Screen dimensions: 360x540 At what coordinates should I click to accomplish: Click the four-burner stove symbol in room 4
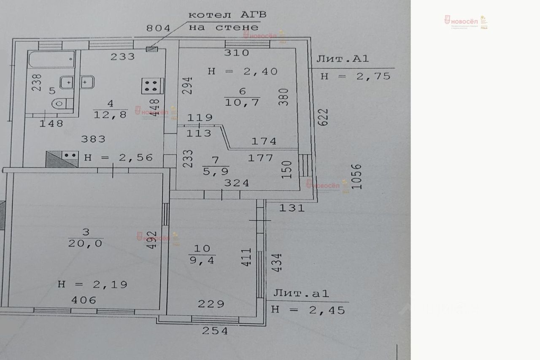tap(151, 87)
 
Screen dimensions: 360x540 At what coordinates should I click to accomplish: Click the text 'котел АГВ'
tap(227, 15)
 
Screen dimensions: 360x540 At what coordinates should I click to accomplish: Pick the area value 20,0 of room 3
tap(86, 244)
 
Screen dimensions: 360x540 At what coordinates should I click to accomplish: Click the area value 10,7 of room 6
tap(242, 102)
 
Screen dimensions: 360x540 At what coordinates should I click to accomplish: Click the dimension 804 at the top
tap(158, 28)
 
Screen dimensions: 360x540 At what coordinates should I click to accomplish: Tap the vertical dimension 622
tap(323, 116)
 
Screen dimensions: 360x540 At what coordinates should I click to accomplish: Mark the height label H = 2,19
tap(92, 284)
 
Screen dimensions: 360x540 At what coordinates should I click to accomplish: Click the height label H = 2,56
tap(119, 157)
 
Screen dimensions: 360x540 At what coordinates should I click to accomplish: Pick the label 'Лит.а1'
tap(301, 293)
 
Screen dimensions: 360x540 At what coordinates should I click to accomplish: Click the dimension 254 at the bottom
tap(214, 331)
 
